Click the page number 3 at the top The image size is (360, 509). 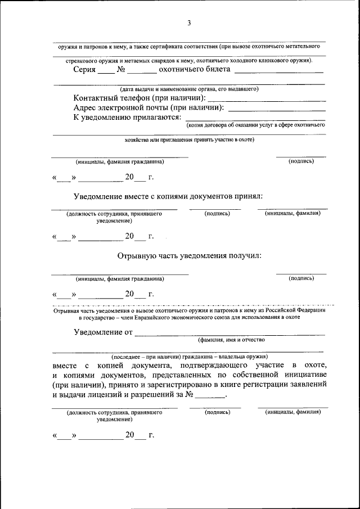(x=189, y=23)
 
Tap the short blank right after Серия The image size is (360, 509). (x=105, y=72)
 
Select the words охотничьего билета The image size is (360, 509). (x=195, y=70)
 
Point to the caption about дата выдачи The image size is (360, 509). (x=188, y=89)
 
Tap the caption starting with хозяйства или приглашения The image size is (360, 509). (x=189, y=139)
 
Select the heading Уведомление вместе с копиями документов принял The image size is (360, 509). (x=169, y=197)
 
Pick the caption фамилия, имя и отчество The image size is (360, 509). (x=231, y=340)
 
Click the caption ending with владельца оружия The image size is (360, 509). (x=189, y=357)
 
